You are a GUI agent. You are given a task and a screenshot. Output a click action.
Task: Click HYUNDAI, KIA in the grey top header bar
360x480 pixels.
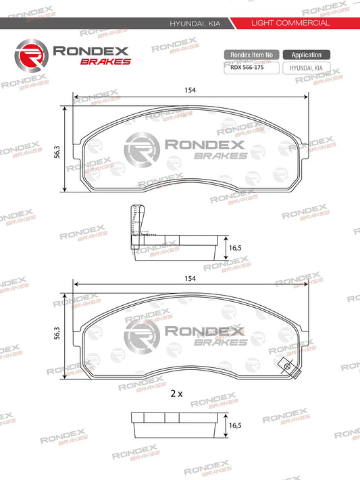[197, 23]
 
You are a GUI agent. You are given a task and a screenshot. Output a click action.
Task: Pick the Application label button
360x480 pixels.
[306, 55]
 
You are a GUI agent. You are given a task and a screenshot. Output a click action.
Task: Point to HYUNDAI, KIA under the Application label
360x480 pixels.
[306, 68]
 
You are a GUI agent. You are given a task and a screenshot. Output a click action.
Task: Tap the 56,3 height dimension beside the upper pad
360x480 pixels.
[59, 152]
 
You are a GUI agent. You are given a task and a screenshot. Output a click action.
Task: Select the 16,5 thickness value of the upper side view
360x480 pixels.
[235, 248]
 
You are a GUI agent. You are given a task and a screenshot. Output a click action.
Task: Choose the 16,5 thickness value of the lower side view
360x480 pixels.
[235, 426]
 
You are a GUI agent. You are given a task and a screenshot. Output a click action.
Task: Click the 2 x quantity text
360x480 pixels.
[177, 392]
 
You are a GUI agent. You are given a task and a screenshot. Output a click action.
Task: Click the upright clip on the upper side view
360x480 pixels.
[134, 221]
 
